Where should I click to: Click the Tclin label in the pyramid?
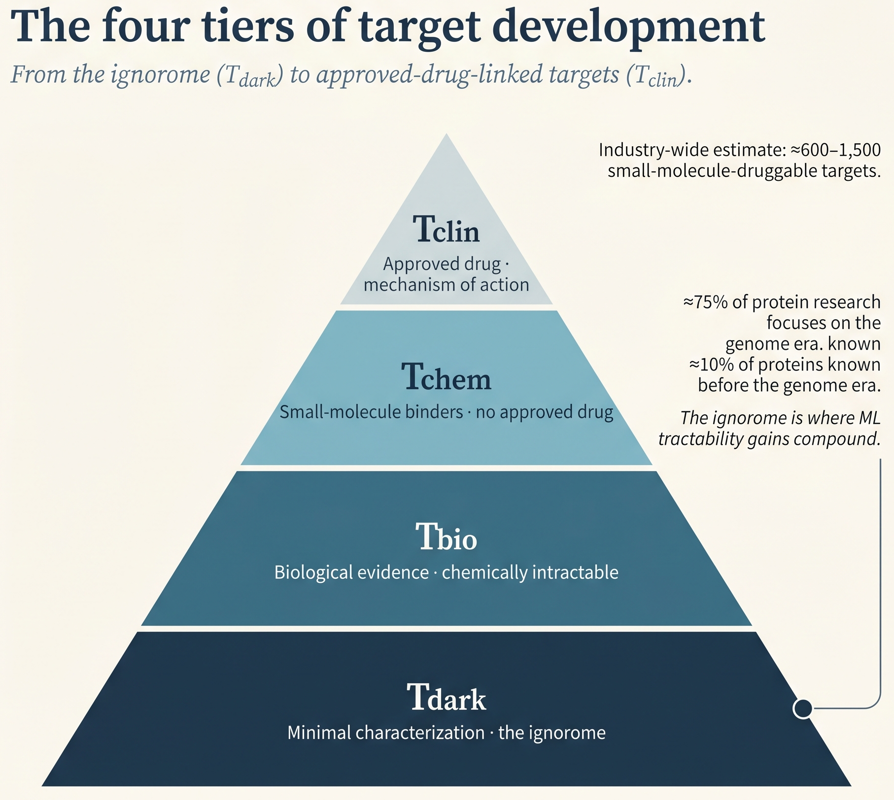pyautogui.click(x=446, y=230)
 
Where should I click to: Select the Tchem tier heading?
pyautogui.click(x=447, y=377)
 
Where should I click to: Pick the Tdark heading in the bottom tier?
pyautogui.click(x=447, y=697)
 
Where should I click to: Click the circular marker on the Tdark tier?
pyautogui.click(x=803, y=708)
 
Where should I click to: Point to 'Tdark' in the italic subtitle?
pyautogui.click(x=250, y=76)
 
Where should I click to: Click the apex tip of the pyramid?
pyautogui.click(x=447, y=133)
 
